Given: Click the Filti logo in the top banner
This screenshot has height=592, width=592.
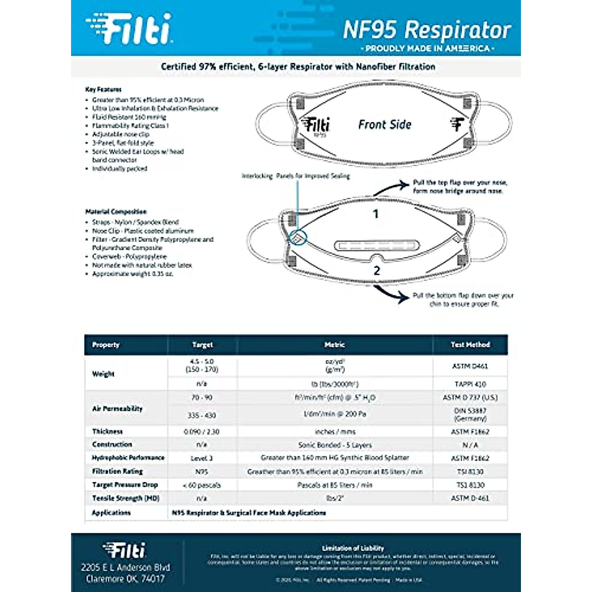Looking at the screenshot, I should coord(129,29).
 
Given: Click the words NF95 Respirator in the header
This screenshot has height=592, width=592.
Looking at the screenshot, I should coord(427,30).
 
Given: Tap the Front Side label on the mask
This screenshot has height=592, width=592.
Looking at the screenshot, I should coord(385,125).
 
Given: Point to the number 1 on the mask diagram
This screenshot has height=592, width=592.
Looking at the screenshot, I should coord(376,214).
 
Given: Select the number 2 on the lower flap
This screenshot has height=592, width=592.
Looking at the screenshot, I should coord(377,270).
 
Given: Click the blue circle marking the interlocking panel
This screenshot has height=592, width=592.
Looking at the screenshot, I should coord(297,237).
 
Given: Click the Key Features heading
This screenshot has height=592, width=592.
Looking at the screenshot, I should coord(103,89).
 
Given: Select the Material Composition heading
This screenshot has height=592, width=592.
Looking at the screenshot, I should coord(116,212).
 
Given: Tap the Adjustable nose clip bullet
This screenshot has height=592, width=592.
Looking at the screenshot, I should coord(120,134).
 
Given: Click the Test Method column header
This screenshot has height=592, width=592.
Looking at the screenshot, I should coord(470,345).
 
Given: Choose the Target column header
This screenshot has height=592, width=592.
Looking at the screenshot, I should coord(202,345).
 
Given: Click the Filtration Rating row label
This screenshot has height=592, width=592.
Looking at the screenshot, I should coord(117,472).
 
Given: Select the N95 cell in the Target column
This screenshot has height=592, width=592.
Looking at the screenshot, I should coord(202,472).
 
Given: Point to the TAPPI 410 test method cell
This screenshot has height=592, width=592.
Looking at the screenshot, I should coord(470,384).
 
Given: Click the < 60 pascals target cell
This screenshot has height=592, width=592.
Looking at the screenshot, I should coord(202,485).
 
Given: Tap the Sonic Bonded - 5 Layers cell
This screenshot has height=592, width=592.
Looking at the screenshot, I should coord(335,445).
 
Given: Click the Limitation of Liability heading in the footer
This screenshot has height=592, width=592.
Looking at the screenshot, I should coord(353,548).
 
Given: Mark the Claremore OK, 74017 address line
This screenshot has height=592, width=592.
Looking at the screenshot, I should coord(125,579).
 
